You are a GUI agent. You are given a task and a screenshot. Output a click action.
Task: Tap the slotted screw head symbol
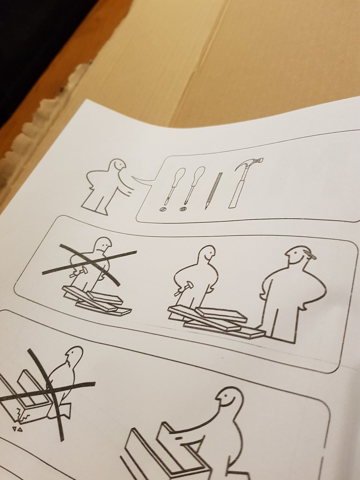coord(162,209)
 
